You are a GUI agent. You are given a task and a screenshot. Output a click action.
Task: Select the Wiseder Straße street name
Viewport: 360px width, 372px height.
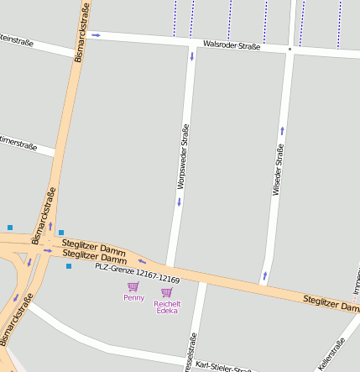(277, 170)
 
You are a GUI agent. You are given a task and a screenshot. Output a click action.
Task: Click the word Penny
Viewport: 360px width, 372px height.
(133, 297)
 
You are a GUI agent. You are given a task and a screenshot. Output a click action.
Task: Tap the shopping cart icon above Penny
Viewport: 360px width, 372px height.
(133, 286)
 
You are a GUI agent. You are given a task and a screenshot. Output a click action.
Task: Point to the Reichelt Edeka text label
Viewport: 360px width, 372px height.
(167, 307)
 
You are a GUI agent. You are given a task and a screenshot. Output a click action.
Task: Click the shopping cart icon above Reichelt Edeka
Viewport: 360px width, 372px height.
(166, 292)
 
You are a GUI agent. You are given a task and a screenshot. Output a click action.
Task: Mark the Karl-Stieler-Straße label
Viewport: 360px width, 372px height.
(222, 366)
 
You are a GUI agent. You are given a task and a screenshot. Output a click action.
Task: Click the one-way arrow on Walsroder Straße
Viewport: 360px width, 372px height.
(96, 35)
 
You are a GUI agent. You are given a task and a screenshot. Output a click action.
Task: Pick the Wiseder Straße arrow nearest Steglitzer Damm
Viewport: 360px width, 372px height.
(265, 275)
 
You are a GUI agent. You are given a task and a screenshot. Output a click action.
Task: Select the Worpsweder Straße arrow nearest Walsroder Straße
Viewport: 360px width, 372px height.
(191, 57)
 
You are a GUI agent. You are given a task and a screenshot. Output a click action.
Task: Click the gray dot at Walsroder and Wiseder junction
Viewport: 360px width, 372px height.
(290, 50)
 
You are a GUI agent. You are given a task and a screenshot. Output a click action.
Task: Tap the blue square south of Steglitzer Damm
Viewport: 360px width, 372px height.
(69, 266)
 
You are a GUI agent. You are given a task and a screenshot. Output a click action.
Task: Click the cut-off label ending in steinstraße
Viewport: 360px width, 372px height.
(17, 39)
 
